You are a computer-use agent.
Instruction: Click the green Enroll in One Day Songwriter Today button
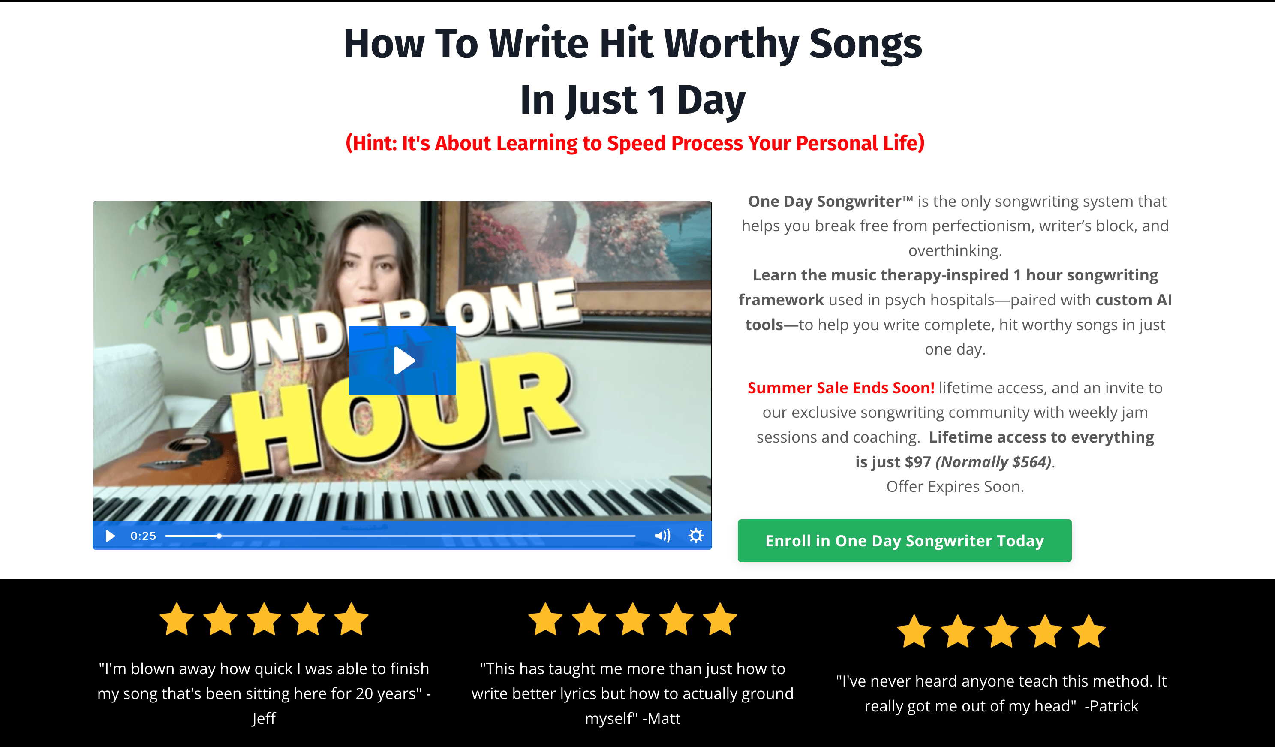pyautogui.click(x=904, y=540)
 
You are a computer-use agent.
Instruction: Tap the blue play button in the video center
pyautogui.click(x=402, y=360)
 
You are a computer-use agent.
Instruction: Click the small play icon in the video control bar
pyautogui.click(x=110, y=536)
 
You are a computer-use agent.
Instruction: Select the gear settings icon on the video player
pyautogui.click(x=696, y=536)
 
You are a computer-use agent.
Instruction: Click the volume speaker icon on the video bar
pyautogui.click(x=662, y=536)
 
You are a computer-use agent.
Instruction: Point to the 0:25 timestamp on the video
pyautogui.click(x=143, y=536)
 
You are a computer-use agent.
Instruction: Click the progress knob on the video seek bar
pyautogui.click(x=219, y=536)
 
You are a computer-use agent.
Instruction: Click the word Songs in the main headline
pyautogui.click(x=865, y=45)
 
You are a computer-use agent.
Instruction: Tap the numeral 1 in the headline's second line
pyautogui.click(x=656, y=100)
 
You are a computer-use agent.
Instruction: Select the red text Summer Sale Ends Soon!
pyautogui.click(x=841, y=388)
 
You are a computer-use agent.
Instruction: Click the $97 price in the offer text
pyautogui.click(x=918, y=462)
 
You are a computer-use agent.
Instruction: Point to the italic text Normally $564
pyautogui.click(x=993, y=462)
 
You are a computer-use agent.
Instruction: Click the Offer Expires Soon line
pyautogui.click(x=955, y=486)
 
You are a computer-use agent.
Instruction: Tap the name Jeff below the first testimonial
pyautogui.click(x=264, y=718)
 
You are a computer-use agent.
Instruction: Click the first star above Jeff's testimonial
pyautogui.click(x=177, y=618)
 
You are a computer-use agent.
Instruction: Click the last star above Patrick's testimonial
pyautogui.click(x=1089, y=631)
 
